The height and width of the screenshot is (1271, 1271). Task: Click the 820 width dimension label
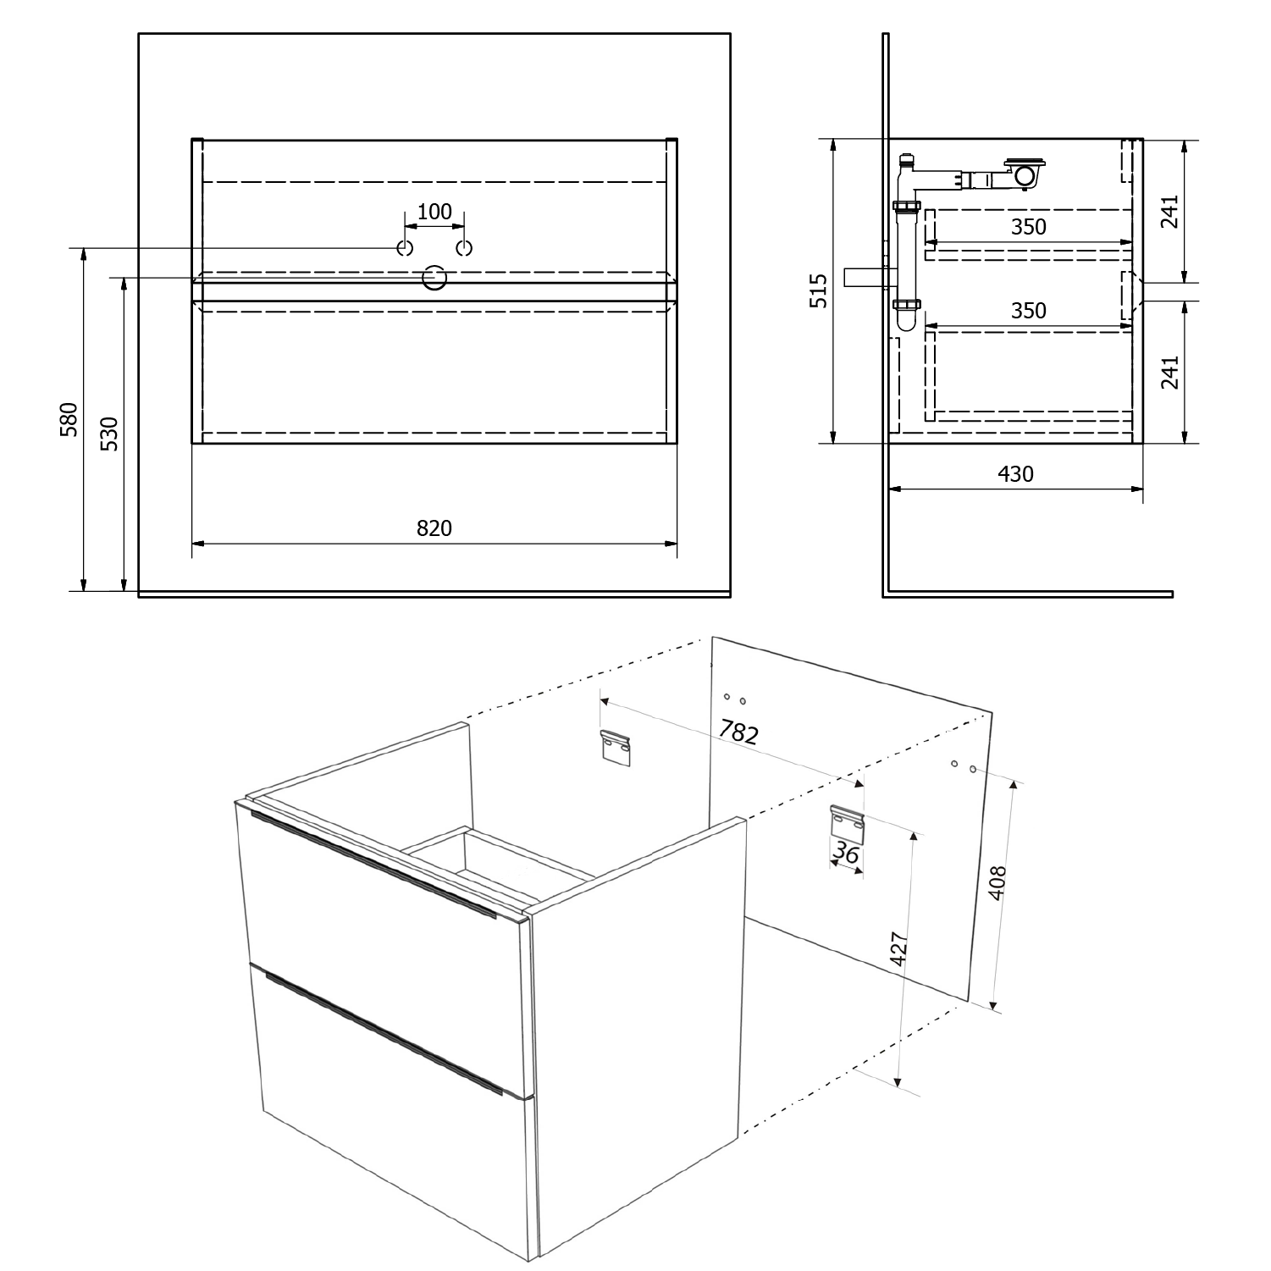click(434, 528)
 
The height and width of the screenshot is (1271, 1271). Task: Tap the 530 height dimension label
click(110, 434)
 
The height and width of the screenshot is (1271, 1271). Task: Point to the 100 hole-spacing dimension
click(434, 212)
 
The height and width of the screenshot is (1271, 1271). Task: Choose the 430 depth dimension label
click(1015, 474)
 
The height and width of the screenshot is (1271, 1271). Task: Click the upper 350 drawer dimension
click(1029, 227)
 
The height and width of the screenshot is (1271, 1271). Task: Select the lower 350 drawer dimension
click(1029, 311)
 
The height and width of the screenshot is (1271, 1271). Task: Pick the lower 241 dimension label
click(1169, 373)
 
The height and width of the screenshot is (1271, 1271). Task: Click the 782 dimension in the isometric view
click(738, 732)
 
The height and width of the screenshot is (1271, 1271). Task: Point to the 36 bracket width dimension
click(846, 854)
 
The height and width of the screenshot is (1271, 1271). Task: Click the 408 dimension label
click(998, 882)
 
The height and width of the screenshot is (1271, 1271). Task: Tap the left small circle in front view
click(405, 248)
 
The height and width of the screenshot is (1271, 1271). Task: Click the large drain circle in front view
click(434, 278)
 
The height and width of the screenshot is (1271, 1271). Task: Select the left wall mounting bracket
click(616, 748)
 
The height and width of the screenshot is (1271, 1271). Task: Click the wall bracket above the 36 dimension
click(847, 824)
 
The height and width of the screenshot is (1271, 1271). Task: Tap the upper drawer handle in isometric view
click(373, 864)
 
